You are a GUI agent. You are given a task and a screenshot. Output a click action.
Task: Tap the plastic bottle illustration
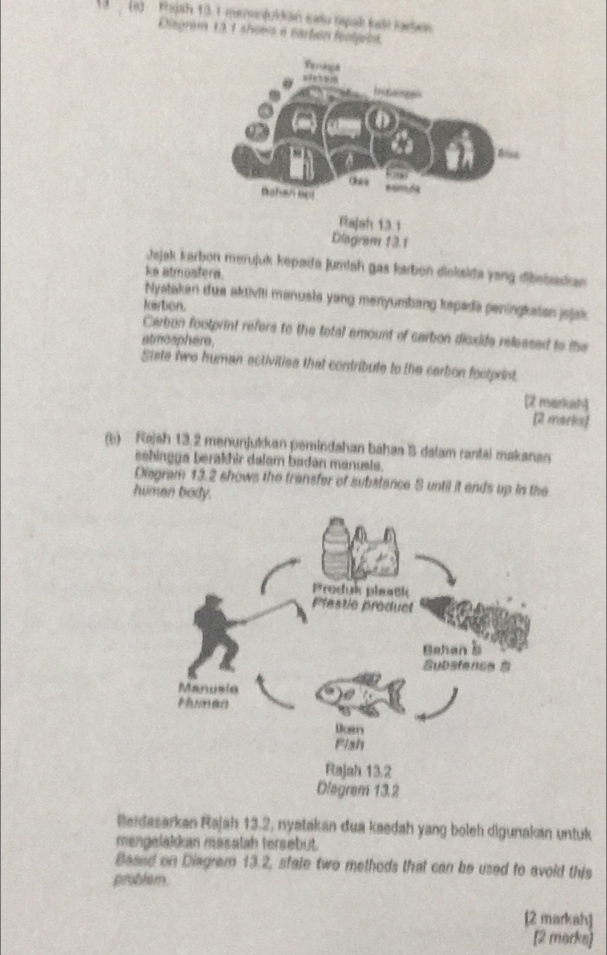click(x=335, y=548)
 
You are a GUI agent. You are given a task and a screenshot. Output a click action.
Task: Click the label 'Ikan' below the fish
click(x=350, y=729)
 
